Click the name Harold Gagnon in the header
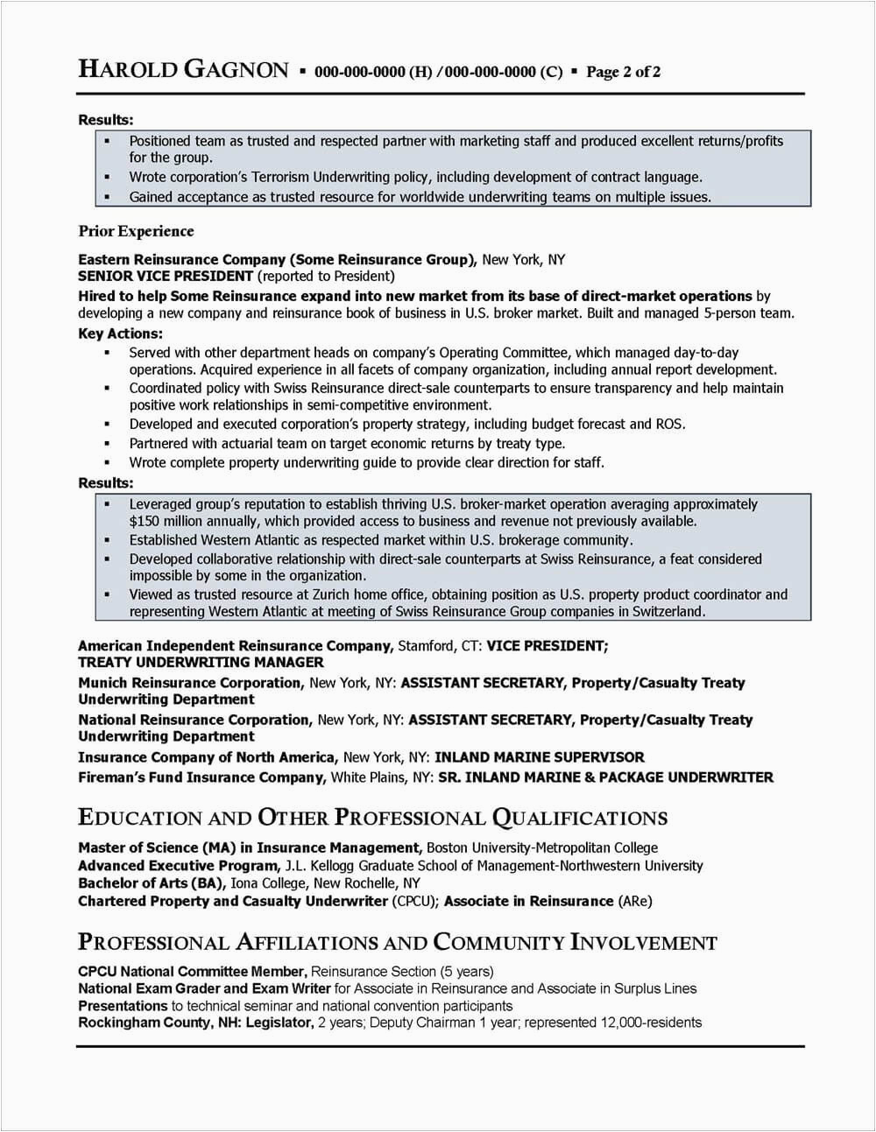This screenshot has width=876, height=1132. (183, 70)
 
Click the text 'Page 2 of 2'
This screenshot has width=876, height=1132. (623, 72)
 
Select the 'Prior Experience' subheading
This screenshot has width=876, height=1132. (136, 231)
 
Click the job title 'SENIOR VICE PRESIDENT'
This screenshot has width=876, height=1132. (154, 276)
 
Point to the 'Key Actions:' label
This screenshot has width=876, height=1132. (120, 334)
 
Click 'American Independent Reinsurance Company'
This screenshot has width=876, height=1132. (235, 645)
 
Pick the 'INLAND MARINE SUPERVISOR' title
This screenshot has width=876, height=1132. (539, 756)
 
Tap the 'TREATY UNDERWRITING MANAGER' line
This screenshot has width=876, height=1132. (201, 662)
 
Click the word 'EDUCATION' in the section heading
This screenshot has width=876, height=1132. (140, 818)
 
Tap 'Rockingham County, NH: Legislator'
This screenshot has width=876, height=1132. (194, 1022)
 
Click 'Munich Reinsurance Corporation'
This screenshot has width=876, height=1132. (190, 682)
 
